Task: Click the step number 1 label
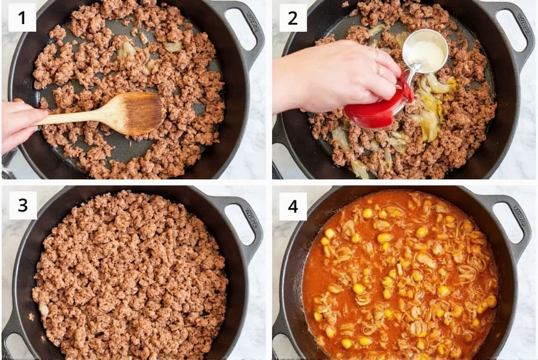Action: coord(22,17)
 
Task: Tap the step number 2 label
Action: coord(292,17)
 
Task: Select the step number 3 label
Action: coord(22,205)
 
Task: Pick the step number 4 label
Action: coord(292,206)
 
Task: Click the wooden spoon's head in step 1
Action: coord(139,113)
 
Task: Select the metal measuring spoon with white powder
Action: coord(425,53)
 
